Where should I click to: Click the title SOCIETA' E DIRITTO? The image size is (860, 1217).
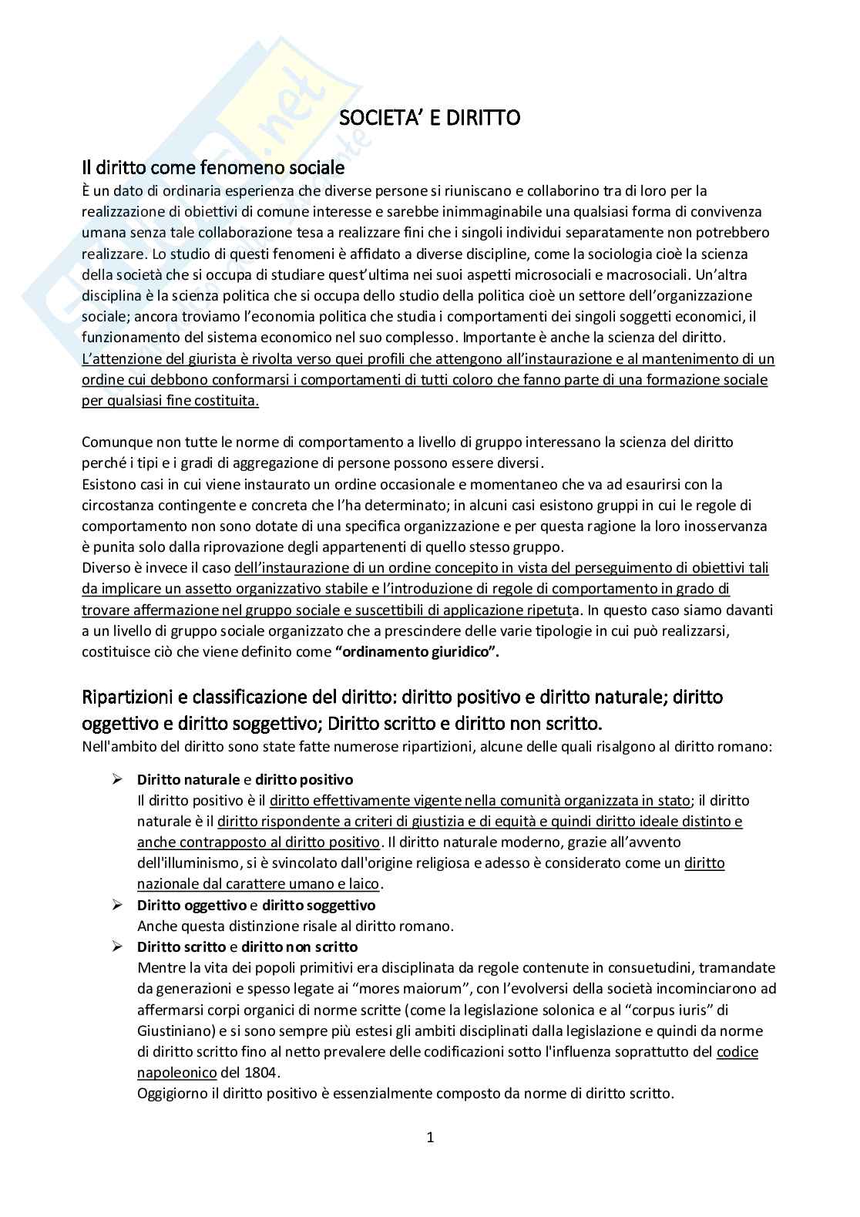coord(430,118)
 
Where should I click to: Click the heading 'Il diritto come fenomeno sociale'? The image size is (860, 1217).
coord(213,167)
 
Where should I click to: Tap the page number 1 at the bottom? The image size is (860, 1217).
coord(431,1137)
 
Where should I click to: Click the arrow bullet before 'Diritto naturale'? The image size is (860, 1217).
coord(118,779)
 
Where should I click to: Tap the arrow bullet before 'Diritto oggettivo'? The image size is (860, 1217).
coord(118,904)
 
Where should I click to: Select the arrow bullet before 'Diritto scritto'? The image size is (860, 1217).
coord(118,946)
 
